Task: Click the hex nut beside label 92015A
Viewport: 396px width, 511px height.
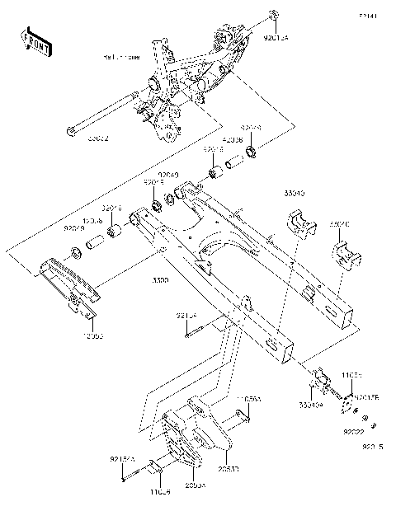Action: tap(272, 16)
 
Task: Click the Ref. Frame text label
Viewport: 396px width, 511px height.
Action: tap(121, 58)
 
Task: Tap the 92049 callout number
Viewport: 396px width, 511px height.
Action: tap(168, 175)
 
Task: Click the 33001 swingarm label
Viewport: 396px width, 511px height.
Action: tap(162, 280)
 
